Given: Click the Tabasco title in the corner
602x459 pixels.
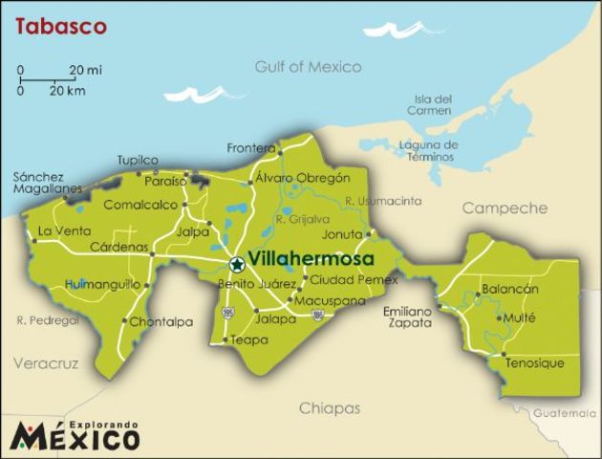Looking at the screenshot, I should click(x=59, y=26).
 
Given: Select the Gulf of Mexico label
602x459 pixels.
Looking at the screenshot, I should click(x=308, y=67).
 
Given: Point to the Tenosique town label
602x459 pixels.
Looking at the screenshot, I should click(x=534, y=363).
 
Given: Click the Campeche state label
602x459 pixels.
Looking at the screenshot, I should click(x=505, y=208).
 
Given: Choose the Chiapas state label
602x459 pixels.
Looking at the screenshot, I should click(x=330, y=408).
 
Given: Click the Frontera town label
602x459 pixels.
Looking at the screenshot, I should click(x=250, y=147).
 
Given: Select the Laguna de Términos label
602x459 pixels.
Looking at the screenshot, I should click(x=428, y=151).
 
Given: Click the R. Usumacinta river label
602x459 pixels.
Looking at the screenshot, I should click(x=382, y=201).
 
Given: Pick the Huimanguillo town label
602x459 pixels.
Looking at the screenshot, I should click(x=102, y=284).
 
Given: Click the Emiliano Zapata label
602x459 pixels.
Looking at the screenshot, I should click(x=408, y=317).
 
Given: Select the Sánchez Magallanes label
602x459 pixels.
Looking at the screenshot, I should click(x=39, y=183).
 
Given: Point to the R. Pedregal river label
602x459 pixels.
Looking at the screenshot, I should click(x=48, y=321).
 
